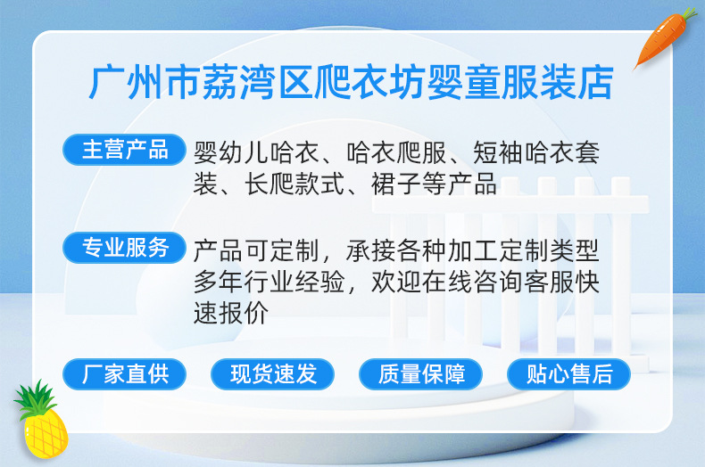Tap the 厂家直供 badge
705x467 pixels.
point(124,374)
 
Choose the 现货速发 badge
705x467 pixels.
point(272,374)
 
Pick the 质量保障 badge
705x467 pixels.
point(420,374)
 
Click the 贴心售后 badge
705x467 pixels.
point(568,374)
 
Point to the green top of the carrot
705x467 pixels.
point(686,17)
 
